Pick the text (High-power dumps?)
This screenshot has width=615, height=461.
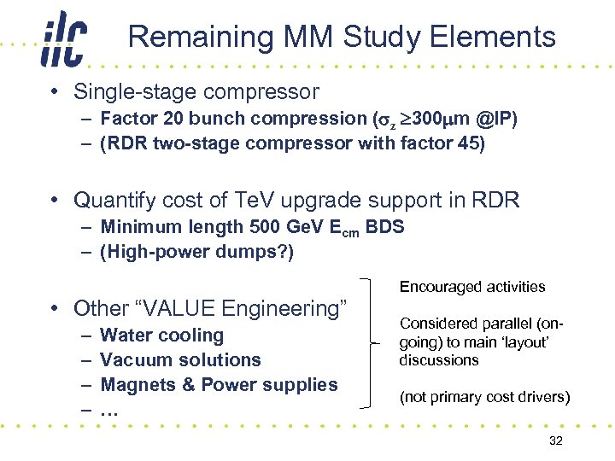196,253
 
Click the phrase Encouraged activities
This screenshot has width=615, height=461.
471,287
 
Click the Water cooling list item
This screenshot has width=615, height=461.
161,336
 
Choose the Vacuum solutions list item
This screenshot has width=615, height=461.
180,360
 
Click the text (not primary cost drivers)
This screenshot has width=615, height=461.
484,398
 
